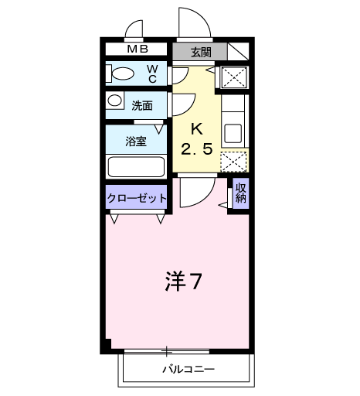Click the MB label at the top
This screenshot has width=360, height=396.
[x=138, y=51]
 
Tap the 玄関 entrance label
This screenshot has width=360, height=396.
[x=200, y=52]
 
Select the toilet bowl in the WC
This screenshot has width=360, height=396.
[x=124, y=75]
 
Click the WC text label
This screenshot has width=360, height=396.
[x=152, y=74]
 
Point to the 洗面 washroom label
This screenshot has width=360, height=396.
[x=141, y=104]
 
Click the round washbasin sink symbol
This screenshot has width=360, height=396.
[x=114, y=101]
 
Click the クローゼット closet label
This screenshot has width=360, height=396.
[x=136, y=198]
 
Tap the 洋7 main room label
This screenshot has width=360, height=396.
[x=184, y=282]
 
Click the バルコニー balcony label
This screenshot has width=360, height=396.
[x=188, y=370]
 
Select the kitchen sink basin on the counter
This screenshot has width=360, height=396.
[x=233, y=131]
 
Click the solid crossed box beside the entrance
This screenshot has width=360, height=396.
[x=233, y=77]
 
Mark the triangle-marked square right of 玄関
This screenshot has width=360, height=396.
[x=236, y=52]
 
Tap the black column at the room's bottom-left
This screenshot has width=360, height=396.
[x=107, y=345]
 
